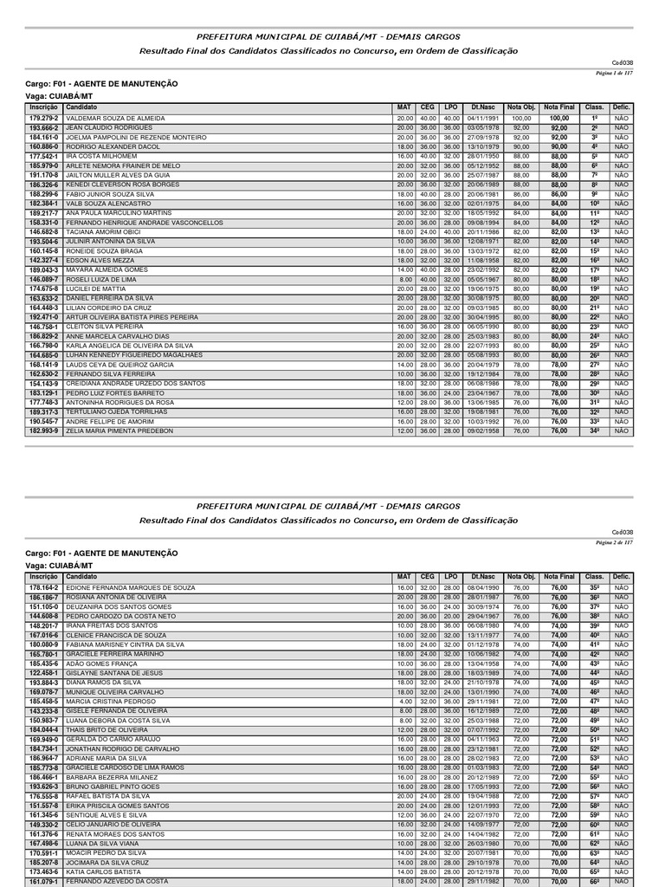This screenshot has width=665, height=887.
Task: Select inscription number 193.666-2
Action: click(x=43, y=126)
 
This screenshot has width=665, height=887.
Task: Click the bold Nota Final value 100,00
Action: click(x=559, y=118)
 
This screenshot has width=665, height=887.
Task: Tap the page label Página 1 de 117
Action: click(x=615, y=74)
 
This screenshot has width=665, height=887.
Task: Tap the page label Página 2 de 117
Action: click(x=615, y=542)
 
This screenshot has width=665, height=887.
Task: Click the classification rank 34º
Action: click(x=595, y=431)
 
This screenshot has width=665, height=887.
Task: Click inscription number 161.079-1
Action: click(x=43, y=881)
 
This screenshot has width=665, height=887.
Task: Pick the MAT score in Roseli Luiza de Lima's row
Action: click(x=405, y=279)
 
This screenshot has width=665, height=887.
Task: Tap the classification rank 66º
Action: click(x=595, y=881)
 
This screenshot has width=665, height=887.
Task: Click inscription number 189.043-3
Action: click(x=43, y=269)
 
